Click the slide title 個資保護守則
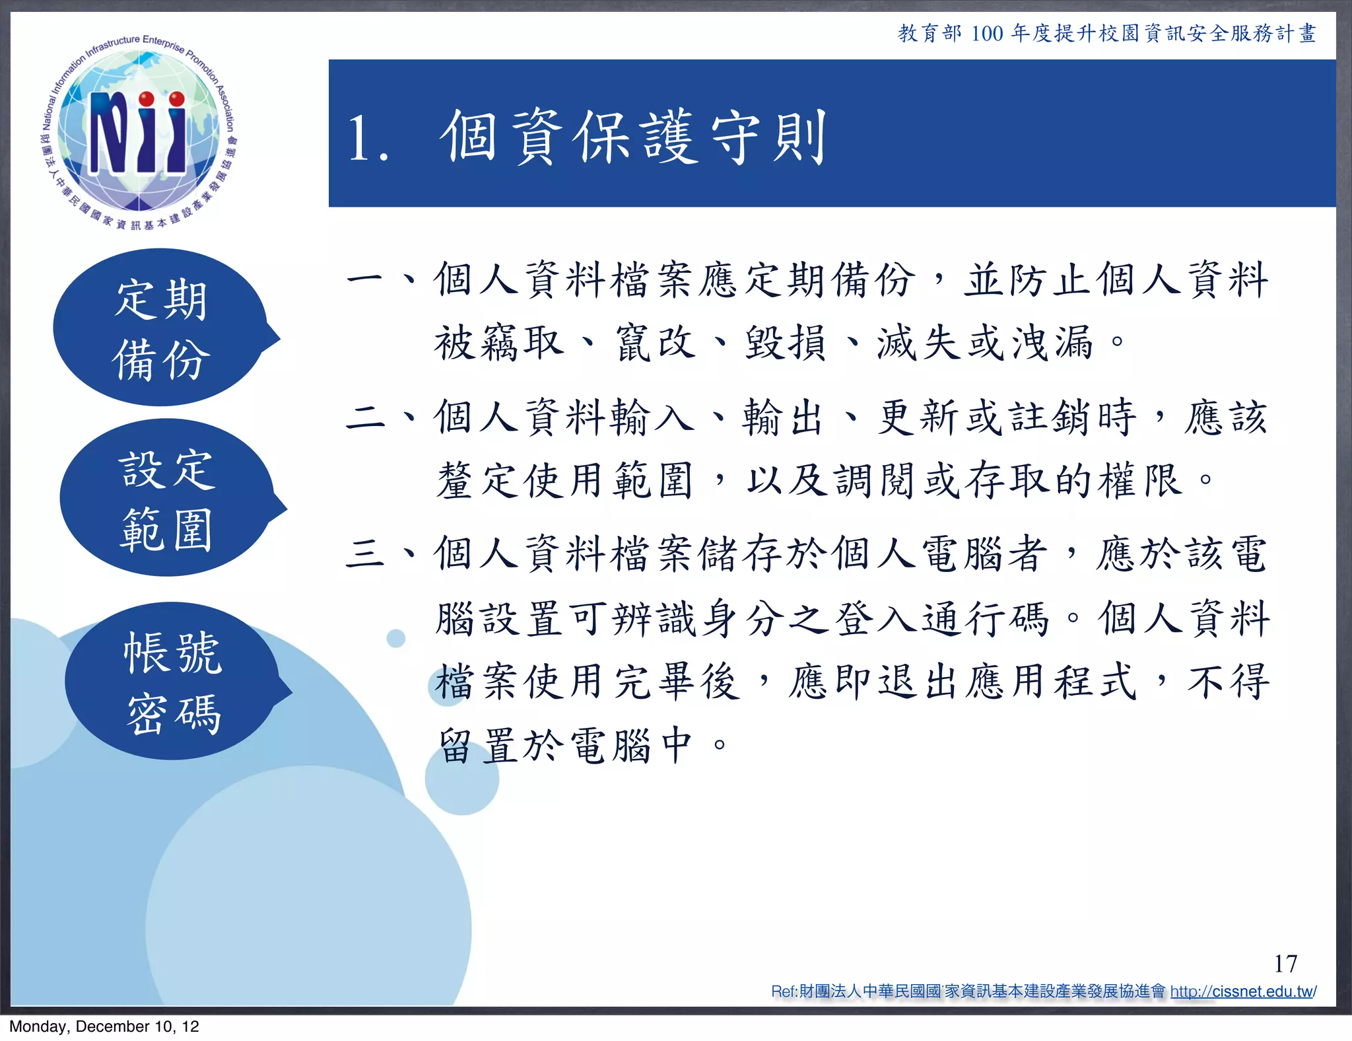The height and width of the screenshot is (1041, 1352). (634, 137)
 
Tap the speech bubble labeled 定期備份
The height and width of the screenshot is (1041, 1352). (161, 328)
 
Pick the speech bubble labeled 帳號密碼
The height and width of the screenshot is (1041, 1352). (173, 682)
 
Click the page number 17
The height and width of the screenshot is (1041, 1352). (1285, 964)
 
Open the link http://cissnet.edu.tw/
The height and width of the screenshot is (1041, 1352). (1243, 991)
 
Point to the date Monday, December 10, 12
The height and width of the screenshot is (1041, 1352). (104, 1026)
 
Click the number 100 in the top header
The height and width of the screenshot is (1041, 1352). (986, 33)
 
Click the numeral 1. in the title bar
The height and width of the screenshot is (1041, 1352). (368, 138)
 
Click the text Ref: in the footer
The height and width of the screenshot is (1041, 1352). (784, 991)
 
